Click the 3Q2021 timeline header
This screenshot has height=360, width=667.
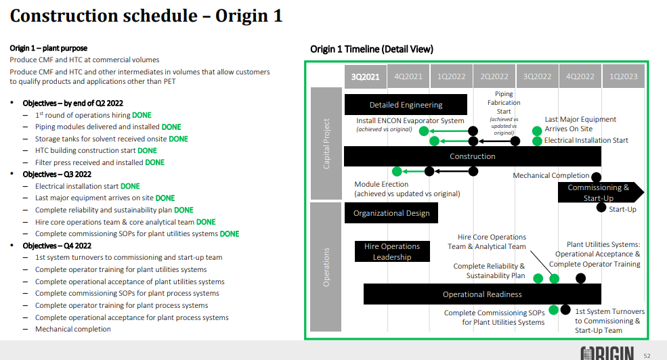[x=366, y=76]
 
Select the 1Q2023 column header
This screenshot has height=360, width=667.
[x=623, y=76]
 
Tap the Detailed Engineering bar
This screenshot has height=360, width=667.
[x=406, y=105]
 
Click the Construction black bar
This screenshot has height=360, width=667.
[x=472, y=156]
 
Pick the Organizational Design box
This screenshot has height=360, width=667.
[x=391, y=213]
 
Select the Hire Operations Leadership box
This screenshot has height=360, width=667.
[x=392, y=252]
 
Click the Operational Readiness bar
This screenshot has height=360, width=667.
[x=482, y=294]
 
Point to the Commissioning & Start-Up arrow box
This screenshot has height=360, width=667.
[x=601, y=193]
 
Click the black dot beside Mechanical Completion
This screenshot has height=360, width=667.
[x=597, y=177]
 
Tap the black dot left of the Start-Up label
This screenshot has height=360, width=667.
[x=601, y=208]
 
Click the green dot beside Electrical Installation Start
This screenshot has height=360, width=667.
[x=537, y=141]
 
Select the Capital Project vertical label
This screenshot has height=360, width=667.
[x=326, y=143]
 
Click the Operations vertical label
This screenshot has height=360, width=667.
[x=326, y=267]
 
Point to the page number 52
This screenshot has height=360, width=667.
[x=647, y=356]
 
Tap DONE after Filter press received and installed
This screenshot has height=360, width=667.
[x=155, y=162]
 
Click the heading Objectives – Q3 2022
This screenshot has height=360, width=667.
[x=57, y=175]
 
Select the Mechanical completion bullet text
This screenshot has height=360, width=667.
[x=72, y=329]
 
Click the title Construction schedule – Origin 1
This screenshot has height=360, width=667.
[x=146, y=16]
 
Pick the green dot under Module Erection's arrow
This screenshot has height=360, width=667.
[x=397, y=171]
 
